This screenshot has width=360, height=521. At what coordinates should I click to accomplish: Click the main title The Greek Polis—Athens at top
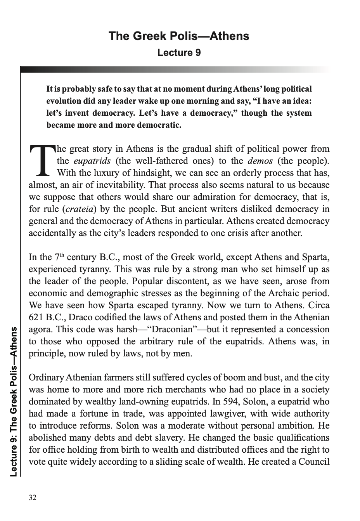[x=179, y=36]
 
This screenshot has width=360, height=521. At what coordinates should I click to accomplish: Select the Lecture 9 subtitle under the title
[x=179, y=52]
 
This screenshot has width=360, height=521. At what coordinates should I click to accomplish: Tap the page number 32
[x=33, y=498]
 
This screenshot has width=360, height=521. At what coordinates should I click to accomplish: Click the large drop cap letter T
[x=42, y=160]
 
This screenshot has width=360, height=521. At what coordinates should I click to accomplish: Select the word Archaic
[x=289, y=293]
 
